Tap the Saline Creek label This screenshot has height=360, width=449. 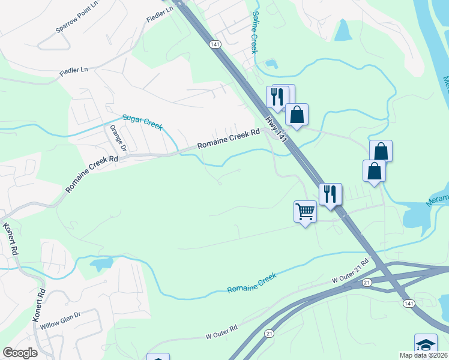coord(255,32)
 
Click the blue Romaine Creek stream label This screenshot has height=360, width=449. coord(252,283)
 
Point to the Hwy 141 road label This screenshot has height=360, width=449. coord(278,129)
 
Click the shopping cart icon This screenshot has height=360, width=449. coord(305,212)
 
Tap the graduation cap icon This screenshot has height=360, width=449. coord(426,344)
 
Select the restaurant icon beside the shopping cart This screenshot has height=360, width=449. coord(330,194)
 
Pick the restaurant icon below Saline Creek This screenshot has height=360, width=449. coord(277,95)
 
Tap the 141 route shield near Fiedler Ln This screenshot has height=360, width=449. coord(215,45)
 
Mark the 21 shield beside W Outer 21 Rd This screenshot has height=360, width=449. coord(367,282)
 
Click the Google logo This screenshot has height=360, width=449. coord(20,352)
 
